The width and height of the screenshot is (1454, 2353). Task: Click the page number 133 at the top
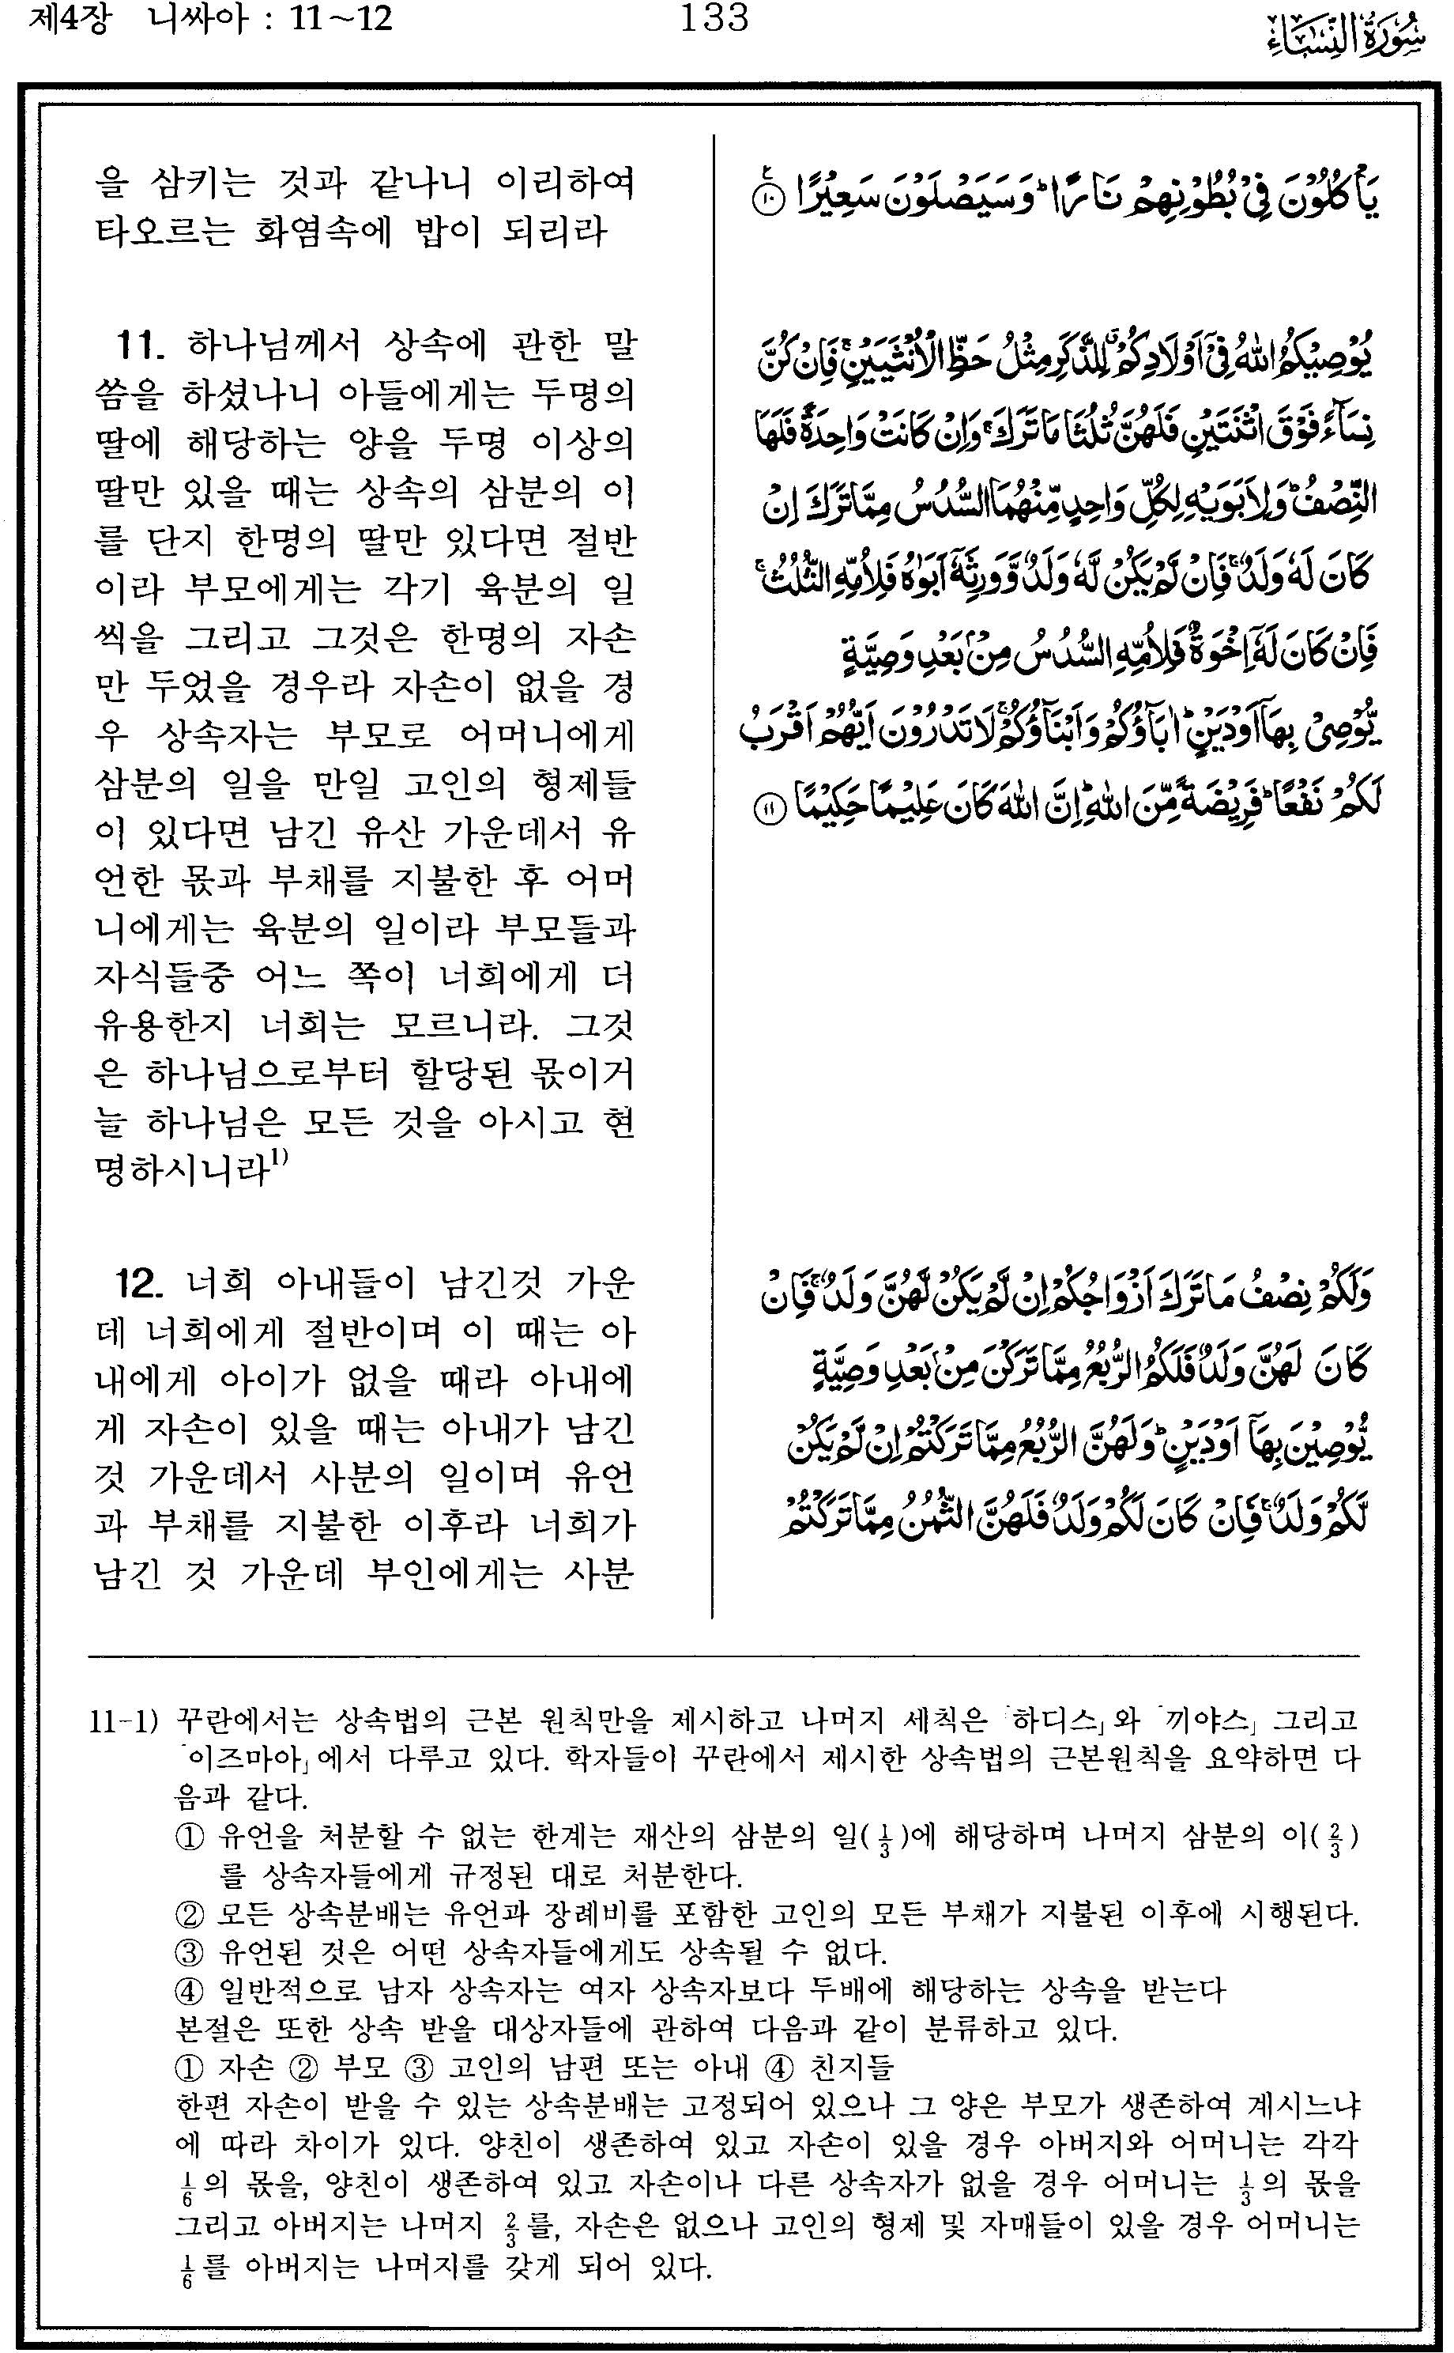tap(714, 18)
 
